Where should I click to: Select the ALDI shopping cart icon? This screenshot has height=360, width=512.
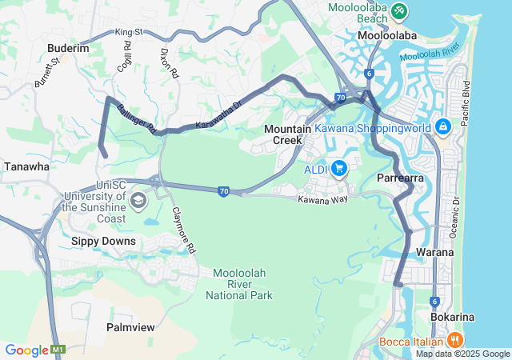pyautogui.click(x=340, y=168)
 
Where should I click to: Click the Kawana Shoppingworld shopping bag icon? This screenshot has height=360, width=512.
pyautogui.click(x=442, y=127)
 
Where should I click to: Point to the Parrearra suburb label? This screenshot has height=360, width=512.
pyautogui.click(x=399, y=178)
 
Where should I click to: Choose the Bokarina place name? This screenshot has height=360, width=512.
pyautogui.click(x=452, y=317)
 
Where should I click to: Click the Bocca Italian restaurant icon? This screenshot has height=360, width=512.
pyautogui.click(x=454, y=339)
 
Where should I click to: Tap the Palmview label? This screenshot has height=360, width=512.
pyautogui.click(x=130, y=327)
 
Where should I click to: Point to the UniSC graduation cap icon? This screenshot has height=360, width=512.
pyautogui.click(x=138, y=200)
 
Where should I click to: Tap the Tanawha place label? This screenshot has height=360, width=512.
pyautogui.click(x=26, y=166)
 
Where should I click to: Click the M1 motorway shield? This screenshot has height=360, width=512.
pyautogui.click(x=58, y=350)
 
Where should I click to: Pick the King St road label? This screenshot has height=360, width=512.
pyautogui.click(x=128, y=32)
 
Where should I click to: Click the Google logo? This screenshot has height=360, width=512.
pyautogui.click(x=26, y=350)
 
